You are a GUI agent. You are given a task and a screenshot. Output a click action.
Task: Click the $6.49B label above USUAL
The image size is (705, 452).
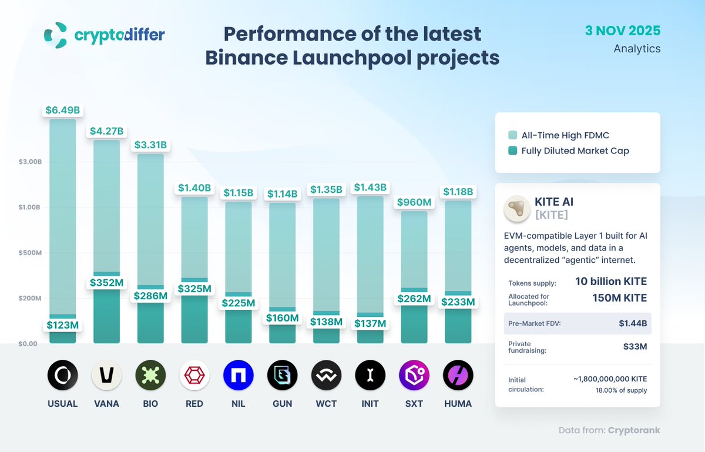(62, 110)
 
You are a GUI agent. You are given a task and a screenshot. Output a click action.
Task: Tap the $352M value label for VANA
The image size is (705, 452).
(106, 283)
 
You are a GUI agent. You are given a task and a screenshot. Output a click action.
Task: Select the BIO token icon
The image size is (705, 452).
(150, 375)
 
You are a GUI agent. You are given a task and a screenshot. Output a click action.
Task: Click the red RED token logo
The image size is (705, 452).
(194, 375)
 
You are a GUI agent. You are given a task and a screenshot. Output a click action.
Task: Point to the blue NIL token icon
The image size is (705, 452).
(239, 375)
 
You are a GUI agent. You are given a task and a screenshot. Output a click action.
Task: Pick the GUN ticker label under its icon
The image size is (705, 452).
(283, 404)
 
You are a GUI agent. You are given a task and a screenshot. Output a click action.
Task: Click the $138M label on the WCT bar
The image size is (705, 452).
(326, 322)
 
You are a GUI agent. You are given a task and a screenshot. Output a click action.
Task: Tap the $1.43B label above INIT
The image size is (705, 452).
(370, 188)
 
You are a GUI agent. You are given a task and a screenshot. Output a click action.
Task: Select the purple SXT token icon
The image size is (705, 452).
(414, 375)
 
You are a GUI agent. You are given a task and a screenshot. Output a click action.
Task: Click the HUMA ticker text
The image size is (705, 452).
(458, 404)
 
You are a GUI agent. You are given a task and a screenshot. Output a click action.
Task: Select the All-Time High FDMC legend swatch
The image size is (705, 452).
(513, 136)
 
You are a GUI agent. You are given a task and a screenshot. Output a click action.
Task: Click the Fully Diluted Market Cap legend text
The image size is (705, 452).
(575, 151)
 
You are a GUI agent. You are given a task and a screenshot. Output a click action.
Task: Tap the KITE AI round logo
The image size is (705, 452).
(517, 208)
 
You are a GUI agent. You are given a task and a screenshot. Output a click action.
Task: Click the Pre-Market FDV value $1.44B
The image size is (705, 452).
(634, 323)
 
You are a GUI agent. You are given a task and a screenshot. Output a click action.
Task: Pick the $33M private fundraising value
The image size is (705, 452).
(635, 347)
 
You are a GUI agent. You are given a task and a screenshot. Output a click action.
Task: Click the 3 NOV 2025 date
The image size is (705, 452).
(623, 31)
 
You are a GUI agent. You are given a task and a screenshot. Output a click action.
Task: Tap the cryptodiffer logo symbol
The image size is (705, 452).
(56, 35)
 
